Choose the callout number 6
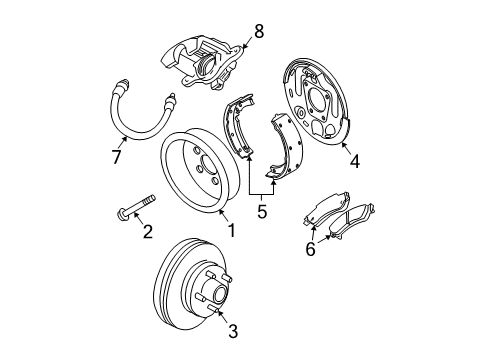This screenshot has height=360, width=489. pyautogui.click(x=310, y=250)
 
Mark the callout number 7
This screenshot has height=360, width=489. pyautogui.click(x=116, y=157)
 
